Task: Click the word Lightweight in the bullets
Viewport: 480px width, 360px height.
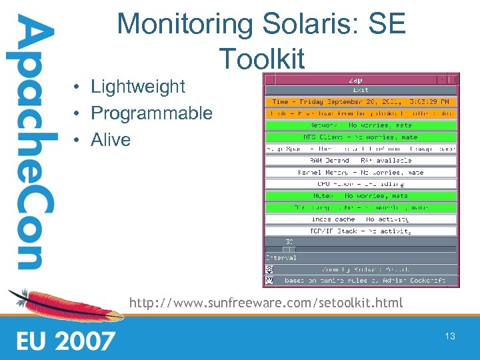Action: click(137, 87)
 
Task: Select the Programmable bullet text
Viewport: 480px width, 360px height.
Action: click(151, 113)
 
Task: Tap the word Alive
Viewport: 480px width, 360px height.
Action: click(111, 140)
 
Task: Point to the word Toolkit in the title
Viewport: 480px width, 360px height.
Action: click(261, 59)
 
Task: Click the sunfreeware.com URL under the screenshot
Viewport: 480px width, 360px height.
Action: click(266, 303)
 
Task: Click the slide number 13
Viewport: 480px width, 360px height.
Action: click(450, 336)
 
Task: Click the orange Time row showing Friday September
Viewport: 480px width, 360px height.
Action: click(361, 102)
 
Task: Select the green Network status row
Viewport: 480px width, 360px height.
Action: click(361, 125)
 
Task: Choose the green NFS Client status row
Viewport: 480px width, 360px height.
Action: click(361, 137)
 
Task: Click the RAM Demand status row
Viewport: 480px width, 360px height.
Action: click(361, 161)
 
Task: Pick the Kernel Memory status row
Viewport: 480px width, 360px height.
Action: click(361, 173)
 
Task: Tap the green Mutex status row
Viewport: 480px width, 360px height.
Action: click(361, 196)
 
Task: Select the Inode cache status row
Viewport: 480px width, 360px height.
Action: click(361, 219)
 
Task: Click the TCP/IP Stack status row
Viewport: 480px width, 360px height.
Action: click(361, 231)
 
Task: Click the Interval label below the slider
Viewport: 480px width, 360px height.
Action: click(281, 258)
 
